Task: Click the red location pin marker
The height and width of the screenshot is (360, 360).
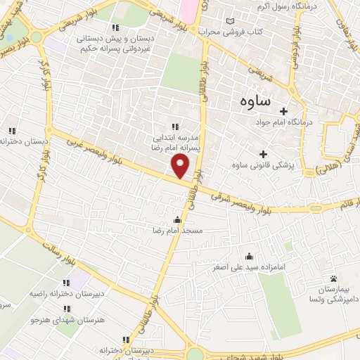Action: tap(181, 166)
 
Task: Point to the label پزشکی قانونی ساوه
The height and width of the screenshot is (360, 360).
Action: tap(263, 165)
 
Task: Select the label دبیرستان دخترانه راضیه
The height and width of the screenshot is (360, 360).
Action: tap(70, 294)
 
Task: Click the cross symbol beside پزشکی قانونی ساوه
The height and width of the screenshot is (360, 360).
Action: tap(263, 154)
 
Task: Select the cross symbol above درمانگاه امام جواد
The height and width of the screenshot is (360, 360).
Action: tap(284, 111)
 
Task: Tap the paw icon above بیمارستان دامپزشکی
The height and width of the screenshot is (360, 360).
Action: tap(333, 279)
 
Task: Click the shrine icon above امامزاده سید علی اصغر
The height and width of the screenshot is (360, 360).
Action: tap(247, 257)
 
